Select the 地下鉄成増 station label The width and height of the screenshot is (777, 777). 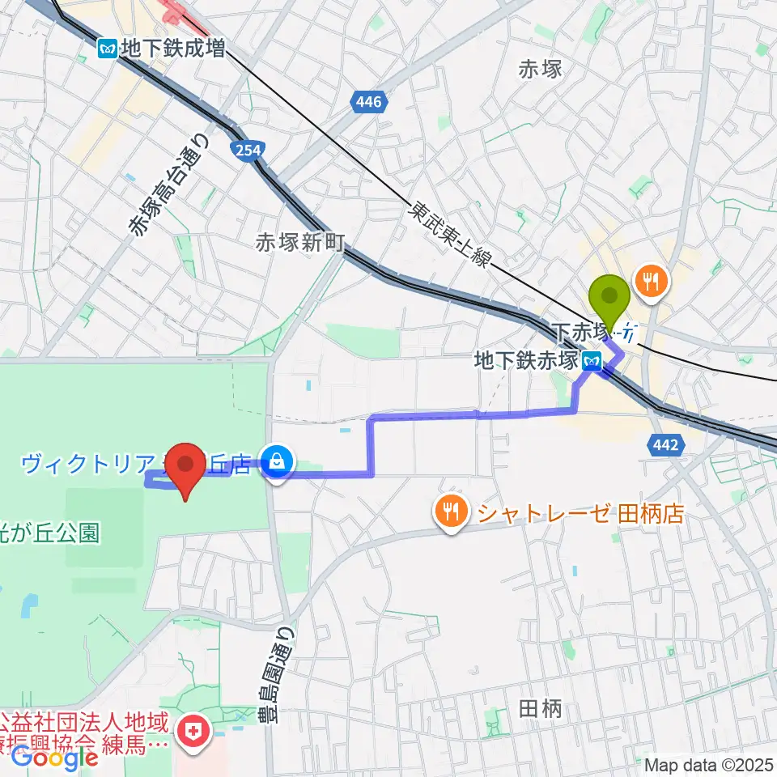172,49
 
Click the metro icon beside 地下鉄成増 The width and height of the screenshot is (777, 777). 107,49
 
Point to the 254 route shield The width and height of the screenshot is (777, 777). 243,149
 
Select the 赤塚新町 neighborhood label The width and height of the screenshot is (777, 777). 300,242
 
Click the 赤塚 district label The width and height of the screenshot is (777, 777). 540,68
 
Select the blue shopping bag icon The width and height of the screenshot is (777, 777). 278,464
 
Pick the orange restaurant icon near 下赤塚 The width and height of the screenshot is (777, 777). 652,282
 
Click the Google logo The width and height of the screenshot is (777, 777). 55,758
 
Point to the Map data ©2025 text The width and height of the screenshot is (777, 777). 709,764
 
